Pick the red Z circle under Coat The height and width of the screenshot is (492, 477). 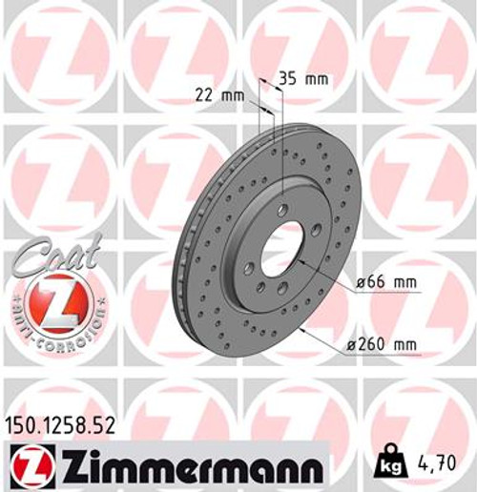(48, 308)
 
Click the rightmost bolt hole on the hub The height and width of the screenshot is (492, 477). (316, 229)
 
